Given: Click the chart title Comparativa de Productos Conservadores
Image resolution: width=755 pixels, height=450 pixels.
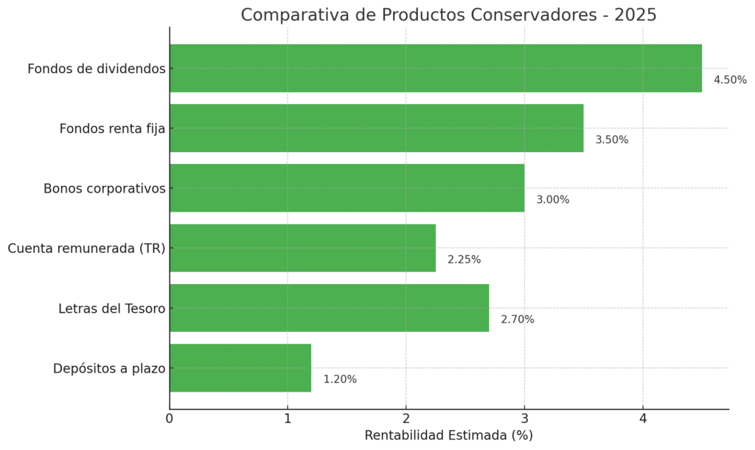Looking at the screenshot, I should [448, 15].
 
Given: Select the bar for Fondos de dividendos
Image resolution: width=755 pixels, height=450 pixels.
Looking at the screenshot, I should [435, 68].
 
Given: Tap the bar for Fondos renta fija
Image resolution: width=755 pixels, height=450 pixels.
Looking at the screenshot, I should [376, 128].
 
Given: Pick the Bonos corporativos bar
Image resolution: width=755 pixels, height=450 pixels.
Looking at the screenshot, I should [347, 187].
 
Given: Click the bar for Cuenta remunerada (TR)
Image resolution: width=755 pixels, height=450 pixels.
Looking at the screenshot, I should [302, 248].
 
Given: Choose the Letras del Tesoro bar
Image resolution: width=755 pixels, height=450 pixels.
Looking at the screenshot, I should [329, 308].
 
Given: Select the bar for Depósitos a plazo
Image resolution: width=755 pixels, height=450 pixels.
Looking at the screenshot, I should [240, 367].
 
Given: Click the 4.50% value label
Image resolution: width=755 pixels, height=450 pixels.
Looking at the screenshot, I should [730, 80].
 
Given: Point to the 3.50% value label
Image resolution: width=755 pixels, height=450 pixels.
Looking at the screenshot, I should [612, 139].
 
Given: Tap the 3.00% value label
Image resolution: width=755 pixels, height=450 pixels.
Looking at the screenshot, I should [552, 200].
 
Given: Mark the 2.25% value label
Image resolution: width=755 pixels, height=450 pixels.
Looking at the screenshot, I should [464, 260].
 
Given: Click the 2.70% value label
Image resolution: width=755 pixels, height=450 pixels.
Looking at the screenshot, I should [518, 319].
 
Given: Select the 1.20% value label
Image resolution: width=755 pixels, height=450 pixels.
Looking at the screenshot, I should [340, 379].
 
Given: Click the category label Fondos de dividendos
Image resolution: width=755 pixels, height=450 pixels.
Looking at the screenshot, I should [96, 69].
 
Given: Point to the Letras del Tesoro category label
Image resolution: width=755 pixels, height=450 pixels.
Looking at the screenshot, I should [111, 308].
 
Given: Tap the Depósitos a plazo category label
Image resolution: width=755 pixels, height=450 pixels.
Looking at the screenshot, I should [108, 368].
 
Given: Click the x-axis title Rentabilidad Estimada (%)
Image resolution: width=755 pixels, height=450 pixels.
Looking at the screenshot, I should [448, 435].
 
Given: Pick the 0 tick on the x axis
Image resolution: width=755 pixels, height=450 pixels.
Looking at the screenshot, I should [170, 418].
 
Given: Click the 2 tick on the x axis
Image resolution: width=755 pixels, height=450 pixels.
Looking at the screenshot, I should [406, 418].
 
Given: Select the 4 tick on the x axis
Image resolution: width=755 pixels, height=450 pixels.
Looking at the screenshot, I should [643, 418].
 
